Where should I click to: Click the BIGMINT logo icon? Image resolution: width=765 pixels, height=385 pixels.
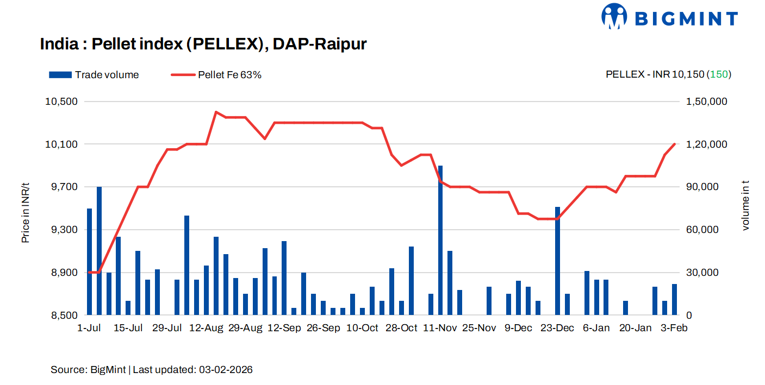click(x=614, y=16)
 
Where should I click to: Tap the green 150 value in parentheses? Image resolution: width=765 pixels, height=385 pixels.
click(x=719, y=74)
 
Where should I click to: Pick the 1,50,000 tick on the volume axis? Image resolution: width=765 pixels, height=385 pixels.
click(x=706, y=102)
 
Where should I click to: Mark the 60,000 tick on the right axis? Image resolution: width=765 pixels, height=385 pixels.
click(x=702, y=230)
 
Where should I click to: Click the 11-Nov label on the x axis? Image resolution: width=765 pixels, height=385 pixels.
click(x=440, y=328)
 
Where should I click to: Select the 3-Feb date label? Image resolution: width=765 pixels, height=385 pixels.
click(x=674, y=328)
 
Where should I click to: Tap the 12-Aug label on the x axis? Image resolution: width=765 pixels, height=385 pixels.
click(x=206, y=328)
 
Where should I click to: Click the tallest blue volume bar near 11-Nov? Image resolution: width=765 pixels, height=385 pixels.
click(x=440, y=239)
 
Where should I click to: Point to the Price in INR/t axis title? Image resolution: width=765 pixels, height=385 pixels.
click(x=26, y=212)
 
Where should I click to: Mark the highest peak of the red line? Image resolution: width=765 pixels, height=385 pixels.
click(x=216, y=112)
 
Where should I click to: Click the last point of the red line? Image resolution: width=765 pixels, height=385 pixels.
click(x=674, y=144)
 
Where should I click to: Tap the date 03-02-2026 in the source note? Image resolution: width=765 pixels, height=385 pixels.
click(x=225, y=370)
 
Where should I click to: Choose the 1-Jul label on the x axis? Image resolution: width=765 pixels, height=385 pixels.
click(x=89, y=328)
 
